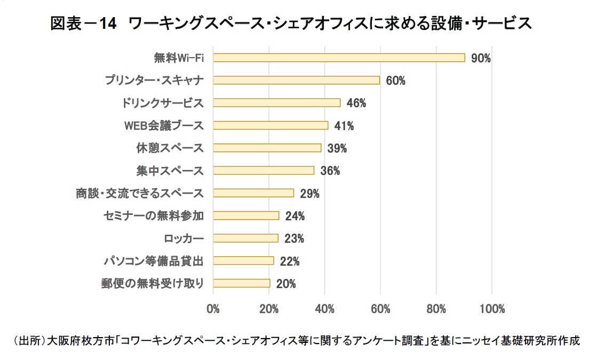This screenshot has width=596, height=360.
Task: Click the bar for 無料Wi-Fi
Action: [x=339, y=58]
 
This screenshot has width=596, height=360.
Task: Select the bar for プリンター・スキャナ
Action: [x=297, y=80]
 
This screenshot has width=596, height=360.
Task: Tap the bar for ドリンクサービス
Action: [x=277, y=102]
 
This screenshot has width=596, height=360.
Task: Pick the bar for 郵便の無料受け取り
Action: [x=242, y=283]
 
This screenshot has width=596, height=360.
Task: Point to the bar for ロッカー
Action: [x=246, y=238]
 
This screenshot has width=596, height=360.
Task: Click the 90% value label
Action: [x=481, y=58]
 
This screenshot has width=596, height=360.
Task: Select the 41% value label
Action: [x=344, y=126]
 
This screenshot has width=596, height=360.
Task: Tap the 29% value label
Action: [x=309, y=194]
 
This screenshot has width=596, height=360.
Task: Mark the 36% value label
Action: [x=330, y=171]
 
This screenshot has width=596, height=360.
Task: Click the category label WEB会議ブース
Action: [x=164, y=125]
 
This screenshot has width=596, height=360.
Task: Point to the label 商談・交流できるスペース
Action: [x=140, y=193]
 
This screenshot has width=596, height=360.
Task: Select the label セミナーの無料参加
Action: [x=153, y=215]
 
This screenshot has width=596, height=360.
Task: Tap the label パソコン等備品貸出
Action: [x=153, y=261]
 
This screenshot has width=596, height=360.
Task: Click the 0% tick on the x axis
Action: [x=213, y=308]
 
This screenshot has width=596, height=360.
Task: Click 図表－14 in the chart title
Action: [x=83, y=23]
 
